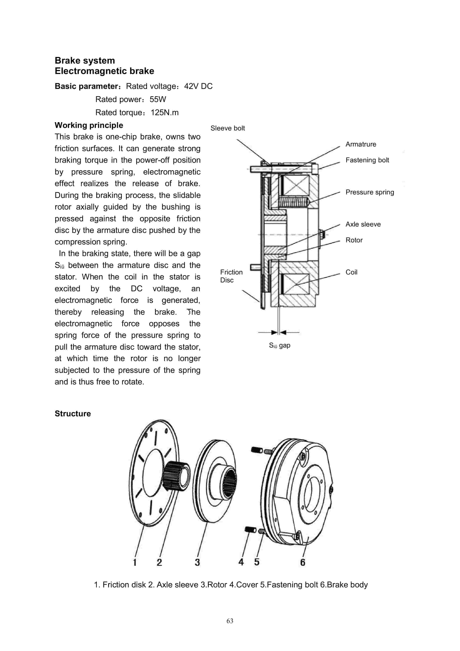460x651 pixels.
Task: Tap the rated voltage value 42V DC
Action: (x=198, y=86)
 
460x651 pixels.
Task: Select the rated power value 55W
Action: (x=158, y=99)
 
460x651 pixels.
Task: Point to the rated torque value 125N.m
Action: (x=164, y=112)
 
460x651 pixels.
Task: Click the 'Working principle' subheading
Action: (x=89, y=125)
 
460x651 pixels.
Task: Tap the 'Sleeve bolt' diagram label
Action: (x=227, y=128)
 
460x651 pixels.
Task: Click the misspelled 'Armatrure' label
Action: (x=361, y=144)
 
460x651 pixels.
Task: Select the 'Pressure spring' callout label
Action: (x=370, y=192)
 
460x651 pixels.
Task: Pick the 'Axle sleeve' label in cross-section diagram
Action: (x=363, y=224)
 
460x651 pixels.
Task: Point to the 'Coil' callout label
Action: (x=351, y=272)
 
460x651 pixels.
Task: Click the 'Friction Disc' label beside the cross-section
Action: (x=231, y=276)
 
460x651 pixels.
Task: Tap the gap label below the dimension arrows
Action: (x=280, y=345)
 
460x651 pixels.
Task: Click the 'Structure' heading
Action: (x=73, y=414)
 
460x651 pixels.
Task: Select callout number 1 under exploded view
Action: (x=135, y=562)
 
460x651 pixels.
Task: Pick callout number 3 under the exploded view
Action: (x=197, y=562)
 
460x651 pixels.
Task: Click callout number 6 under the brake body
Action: (x=303, y=562)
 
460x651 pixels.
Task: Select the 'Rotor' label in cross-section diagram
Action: (x=354, y=240)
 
